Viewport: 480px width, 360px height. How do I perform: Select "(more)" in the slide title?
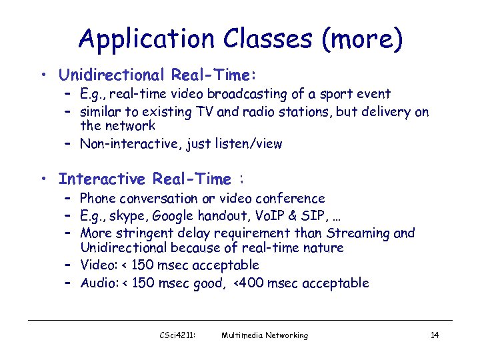point(362,39)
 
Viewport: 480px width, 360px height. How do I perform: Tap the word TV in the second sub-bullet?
point(205,111)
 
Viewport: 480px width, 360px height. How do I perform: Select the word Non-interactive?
point(131,143)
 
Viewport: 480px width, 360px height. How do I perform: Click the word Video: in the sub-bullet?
point(98,265)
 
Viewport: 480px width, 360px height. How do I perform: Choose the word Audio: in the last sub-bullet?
point(99,283)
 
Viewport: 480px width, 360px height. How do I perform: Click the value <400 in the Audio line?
point(248,283)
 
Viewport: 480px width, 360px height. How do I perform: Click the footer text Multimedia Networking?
point(265,335)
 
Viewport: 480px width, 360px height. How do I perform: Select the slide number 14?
point(434,335)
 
